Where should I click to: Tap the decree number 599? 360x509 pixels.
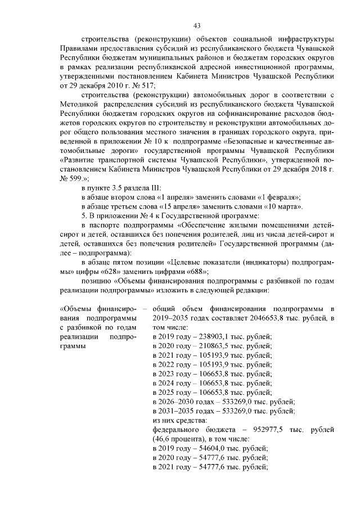point(72,177)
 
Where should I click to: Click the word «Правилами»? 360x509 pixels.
point(81,49)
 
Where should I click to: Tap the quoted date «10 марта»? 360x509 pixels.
point(287,206)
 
